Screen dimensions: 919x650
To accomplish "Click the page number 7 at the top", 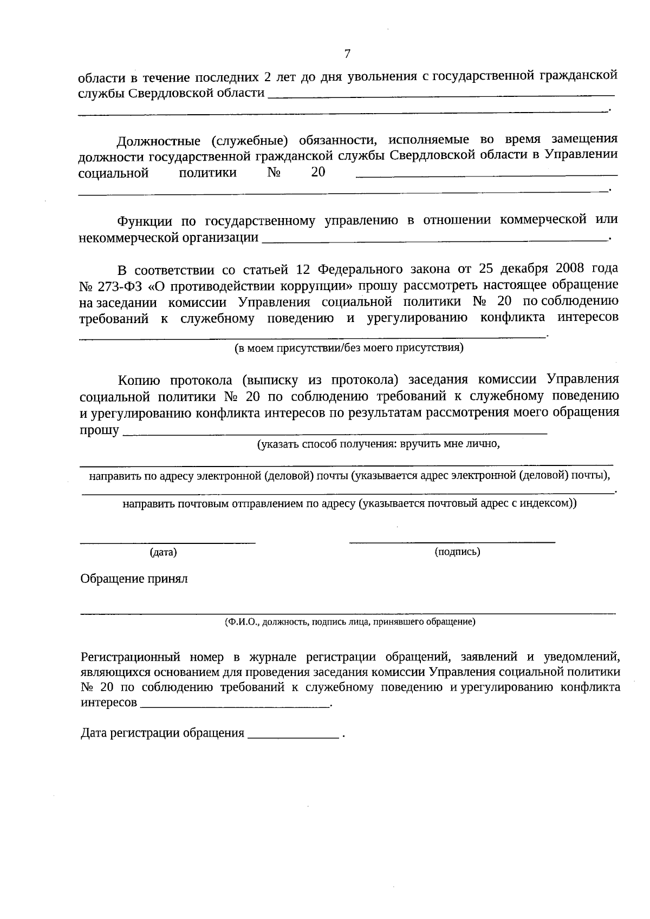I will [347, 54].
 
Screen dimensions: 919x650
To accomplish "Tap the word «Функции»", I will [145, 221].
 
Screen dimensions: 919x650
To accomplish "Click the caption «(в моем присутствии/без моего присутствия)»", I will [349, 348].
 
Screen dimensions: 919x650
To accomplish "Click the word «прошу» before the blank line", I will [99, 431].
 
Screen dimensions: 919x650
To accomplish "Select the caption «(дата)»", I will [163, 553].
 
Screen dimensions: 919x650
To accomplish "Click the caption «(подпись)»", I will [457, 552].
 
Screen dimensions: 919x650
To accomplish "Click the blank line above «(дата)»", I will [168, 541].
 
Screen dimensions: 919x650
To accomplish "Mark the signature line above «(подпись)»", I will [452, 541].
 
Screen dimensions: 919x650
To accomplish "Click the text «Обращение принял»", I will [134, 579].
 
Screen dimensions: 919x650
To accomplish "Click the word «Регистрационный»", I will [130, 657].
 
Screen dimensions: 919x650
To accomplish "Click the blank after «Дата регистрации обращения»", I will [293, 737].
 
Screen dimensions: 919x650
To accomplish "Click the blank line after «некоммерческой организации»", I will [433, 240].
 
